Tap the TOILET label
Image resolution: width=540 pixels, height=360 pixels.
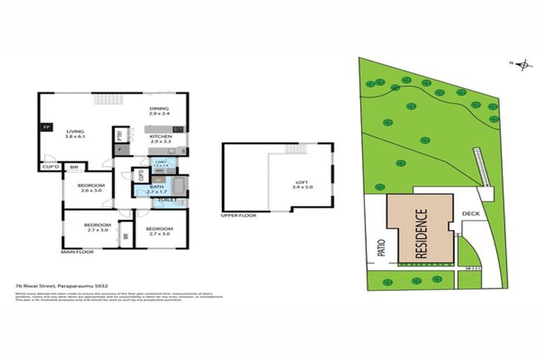click(x=167, y=200)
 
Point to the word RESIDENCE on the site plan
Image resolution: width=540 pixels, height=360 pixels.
click(x=421, y=234)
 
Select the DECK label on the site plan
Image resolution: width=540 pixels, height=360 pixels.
click(x=470, y=213)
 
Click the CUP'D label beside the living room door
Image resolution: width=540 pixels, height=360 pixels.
click(x=49, y=167)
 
